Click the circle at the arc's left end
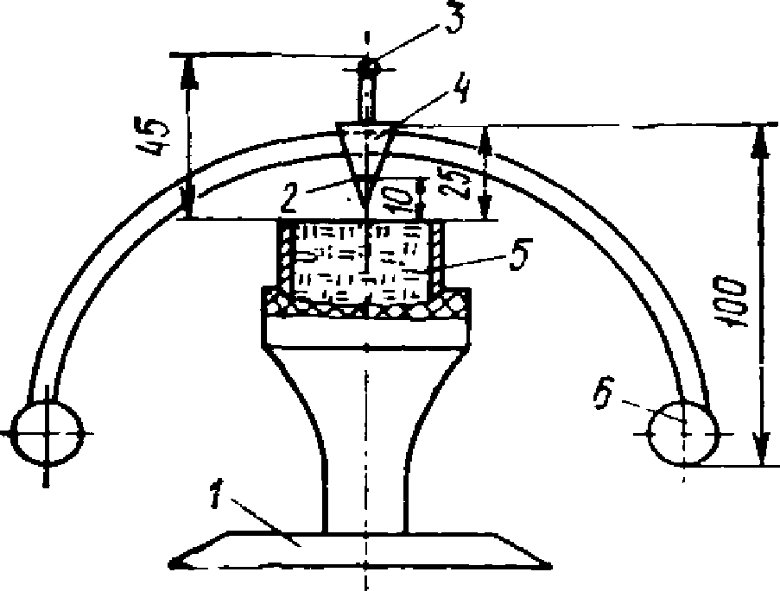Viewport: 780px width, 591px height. pos(49,430)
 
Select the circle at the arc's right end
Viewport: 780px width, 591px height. pos(682,431)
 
